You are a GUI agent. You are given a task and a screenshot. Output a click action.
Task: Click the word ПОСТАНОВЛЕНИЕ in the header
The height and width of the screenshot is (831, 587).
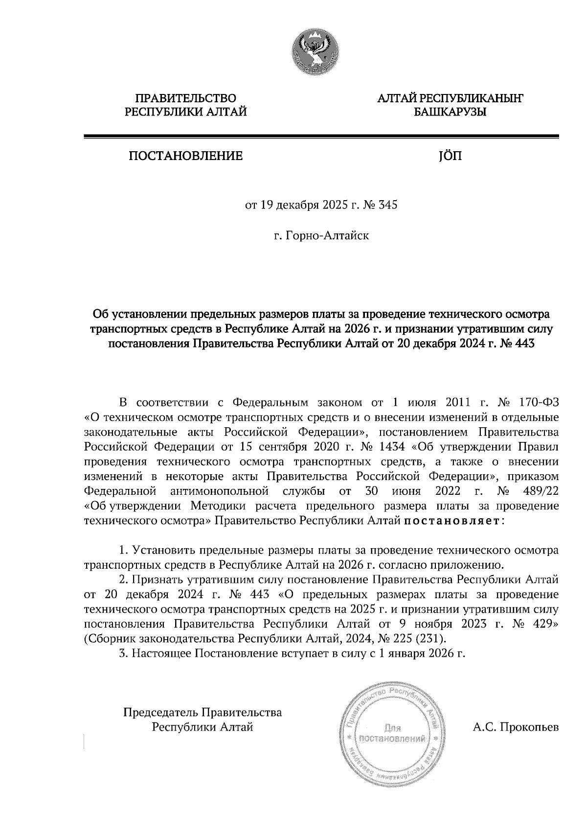click(x=185, y=156)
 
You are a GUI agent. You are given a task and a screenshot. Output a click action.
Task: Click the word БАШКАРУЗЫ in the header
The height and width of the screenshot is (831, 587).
click(x=450, y=113)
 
